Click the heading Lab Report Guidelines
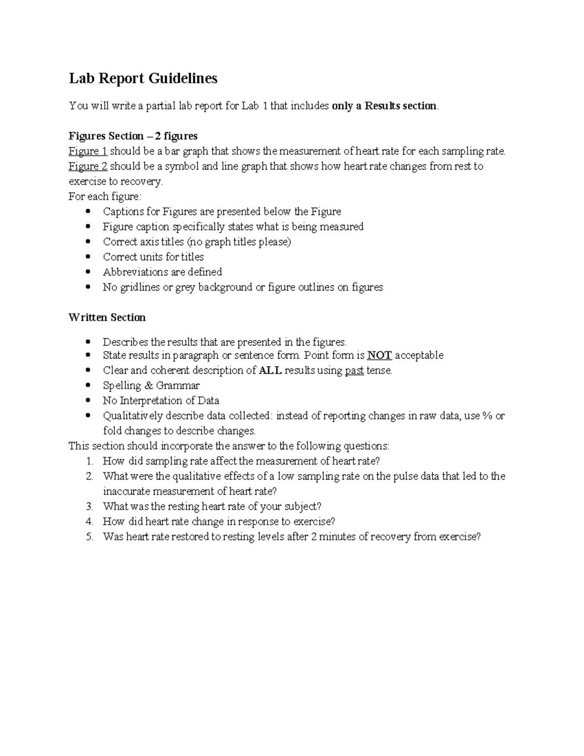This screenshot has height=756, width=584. [x=143, y=78]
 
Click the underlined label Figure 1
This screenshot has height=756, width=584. [x=88, y=151]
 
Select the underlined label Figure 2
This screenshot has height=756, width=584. [x=88, y=166]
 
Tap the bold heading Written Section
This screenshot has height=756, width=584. [x=107, y=317]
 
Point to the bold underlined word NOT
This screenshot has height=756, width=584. [x=379, y=355]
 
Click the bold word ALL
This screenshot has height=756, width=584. [x=270, y=370]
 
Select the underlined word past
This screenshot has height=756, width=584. [x=354, y=370]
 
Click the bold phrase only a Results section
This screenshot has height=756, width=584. [x=384, y=106]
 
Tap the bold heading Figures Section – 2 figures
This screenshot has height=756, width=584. [x=133, y=136]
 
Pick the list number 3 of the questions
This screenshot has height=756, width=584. [x=89, y=507]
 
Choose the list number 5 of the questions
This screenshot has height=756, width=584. [x=89, y=537]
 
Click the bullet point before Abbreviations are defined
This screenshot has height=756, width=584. [x=88, y=272]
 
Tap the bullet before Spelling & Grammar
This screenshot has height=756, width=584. [x=88, y=386]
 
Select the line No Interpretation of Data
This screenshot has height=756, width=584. [x=161, y=401]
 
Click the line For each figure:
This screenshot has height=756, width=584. [x=105, y=197]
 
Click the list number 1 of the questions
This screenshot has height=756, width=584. [x=89, y=461]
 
